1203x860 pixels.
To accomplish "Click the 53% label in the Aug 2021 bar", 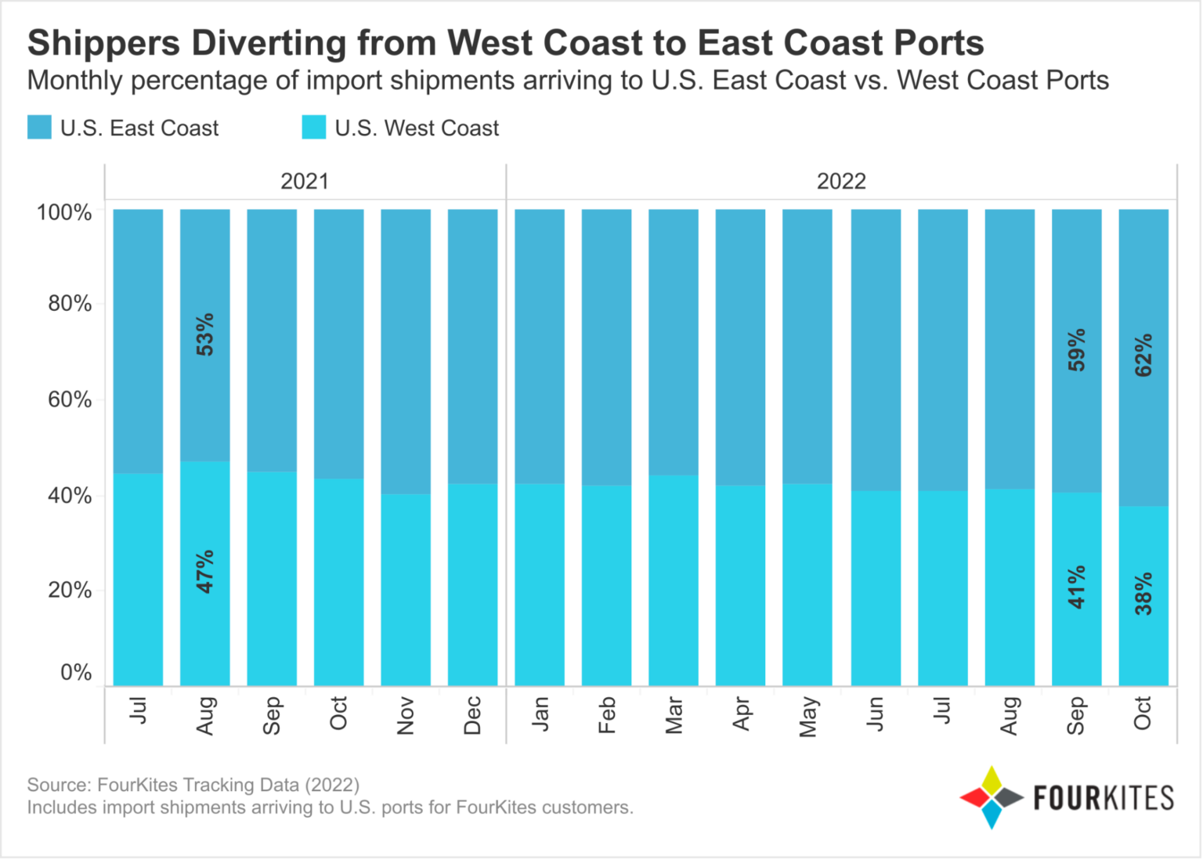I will pos(204,335).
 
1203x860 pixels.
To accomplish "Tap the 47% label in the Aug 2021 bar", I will pos(204,571).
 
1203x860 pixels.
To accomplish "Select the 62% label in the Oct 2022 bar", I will pos(1143,355).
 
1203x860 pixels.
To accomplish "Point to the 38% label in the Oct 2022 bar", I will pos(1143,593).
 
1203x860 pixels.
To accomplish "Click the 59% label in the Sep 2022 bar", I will pos(1077,349).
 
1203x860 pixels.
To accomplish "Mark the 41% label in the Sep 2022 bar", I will pos(1077,587).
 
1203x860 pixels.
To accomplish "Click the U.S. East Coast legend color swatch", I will pos(39,128).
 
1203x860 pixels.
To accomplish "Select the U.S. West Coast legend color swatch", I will pos(313,128).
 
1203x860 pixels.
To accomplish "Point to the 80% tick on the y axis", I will pos(70,304).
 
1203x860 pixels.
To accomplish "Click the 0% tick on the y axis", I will pos(76,673).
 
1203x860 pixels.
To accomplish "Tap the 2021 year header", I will pos(305,182).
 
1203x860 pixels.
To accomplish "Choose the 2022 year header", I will pos(841,182).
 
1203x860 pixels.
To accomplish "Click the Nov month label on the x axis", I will pos(406,715).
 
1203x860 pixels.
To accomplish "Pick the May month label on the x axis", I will pos(808,717).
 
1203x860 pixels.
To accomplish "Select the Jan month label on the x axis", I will pos(540,714).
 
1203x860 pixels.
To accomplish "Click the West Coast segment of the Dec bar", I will pos(472,584).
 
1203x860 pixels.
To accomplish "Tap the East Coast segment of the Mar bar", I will pos(674,341).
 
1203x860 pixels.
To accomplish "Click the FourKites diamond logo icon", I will pos(992,797).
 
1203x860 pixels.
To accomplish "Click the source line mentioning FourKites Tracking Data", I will pos(193,785).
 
